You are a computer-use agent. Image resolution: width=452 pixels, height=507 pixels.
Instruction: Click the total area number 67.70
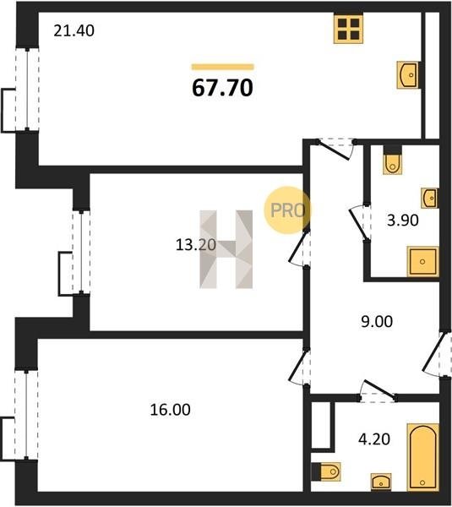[x=222, y=88]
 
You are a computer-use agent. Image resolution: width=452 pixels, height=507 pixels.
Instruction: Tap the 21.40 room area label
[x=74, y=31]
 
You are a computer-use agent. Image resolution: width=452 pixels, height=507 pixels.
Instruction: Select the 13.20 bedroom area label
[x=196, y=245]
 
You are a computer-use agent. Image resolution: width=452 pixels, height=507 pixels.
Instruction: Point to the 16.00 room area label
[x=170, y=410]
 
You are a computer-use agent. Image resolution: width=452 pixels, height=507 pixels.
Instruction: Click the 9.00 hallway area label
[x=377, y=321]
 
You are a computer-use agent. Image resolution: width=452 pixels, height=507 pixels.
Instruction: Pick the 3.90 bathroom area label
[x=403, y=221]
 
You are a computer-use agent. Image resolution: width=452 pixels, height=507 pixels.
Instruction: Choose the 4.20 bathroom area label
[x=374, y=439]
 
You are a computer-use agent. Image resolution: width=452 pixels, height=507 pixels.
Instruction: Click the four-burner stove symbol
[x=348, y=29]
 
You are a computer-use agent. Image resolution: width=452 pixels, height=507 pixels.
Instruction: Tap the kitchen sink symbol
[x=408, y=75]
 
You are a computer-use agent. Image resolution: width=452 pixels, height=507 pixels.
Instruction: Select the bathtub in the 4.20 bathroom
[x=423, y=457]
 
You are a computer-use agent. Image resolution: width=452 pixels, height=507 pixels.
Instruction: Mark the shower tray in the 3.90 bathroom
[x=423, y=261]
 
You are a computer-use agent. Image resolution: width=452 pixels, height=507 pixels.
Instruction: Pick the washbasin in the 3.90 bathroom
[x=430, y=198]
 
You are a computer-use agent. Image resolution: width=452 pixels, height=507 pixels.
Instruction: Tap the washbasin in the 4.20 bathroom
[x=381, y=482]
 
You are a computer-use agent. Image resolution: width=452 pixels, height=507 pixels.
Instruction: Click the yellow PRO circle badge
[x=286, y=210]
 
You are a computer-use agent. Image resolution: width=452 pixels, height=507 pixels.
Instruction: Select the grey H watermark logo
[x=226, y=249]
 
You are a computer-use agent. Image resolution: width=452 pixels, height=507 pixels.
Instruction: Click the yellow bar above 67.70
[x=223, y=67]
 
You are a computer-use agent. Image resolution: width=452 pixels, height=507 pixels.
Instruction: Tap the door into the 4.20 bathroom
[x=378, y=391]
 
